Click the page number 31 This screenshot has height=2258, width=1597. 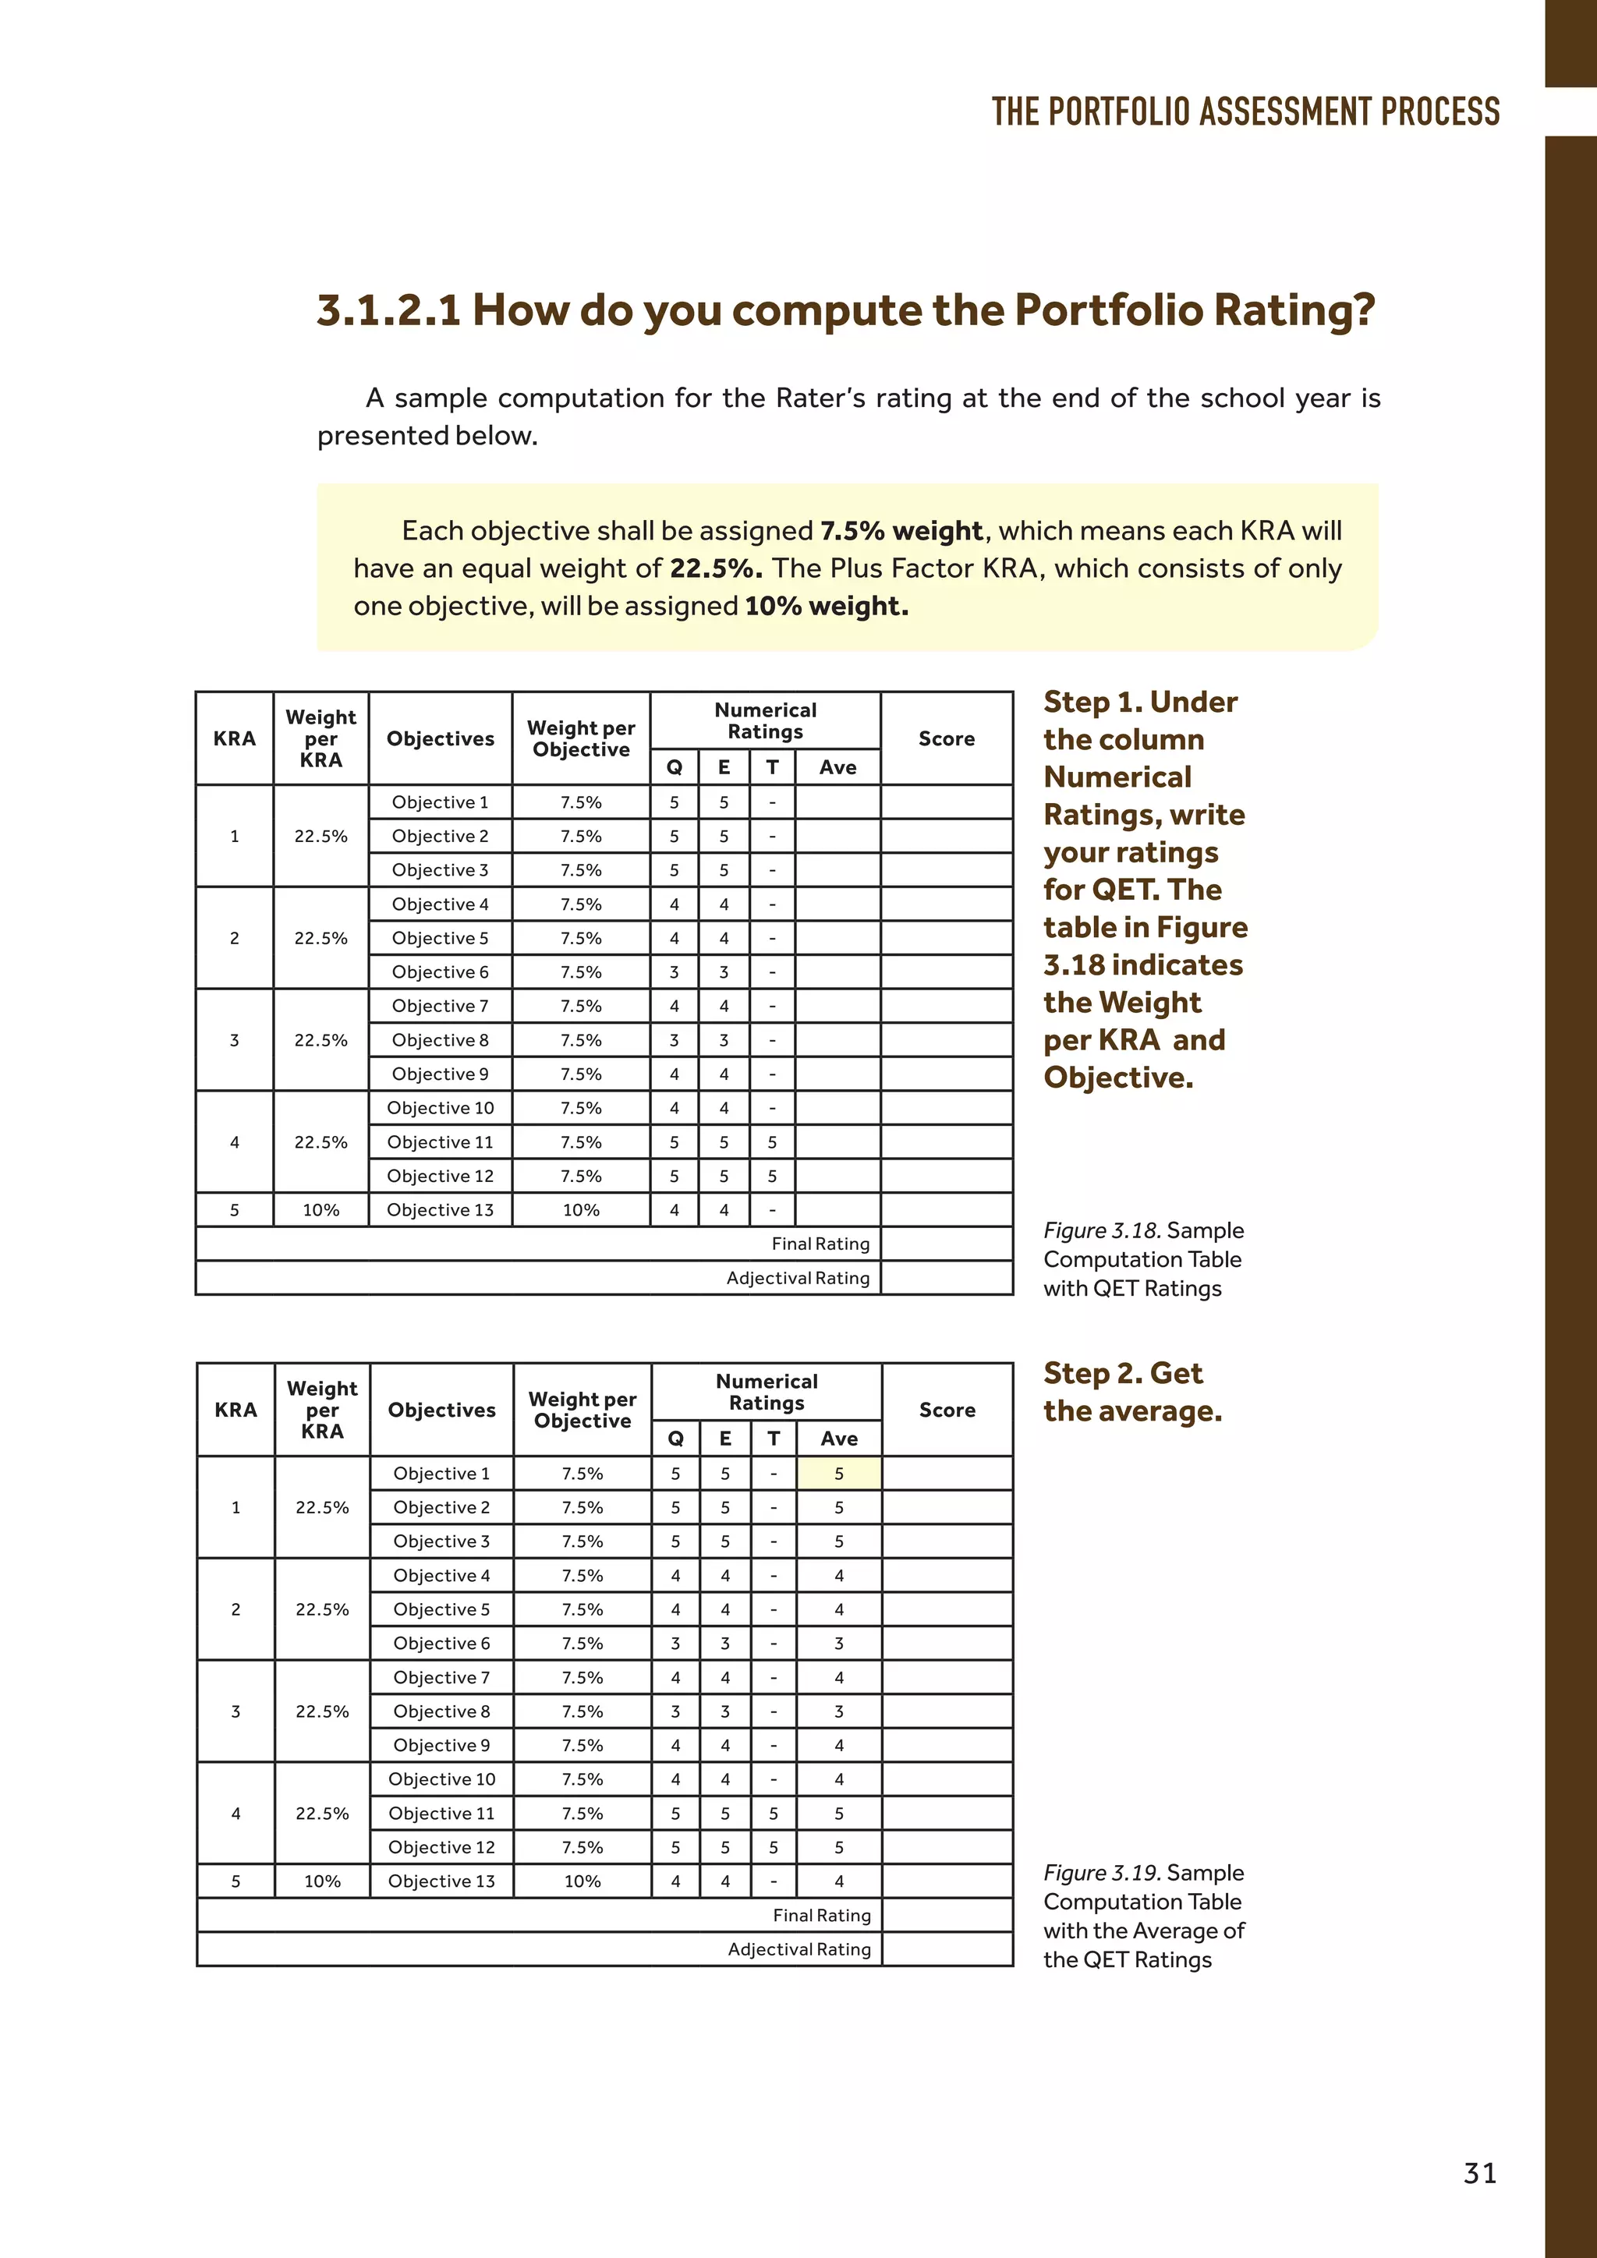1479,2172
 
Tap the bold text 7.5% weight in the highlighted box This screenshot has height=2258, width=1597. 901,531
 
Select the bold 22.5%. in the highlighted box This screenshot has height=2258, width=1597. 716,568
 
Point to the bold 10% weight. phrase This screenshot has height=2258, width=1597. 826,606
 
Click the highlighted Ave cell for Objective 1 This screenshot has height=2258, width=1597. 837,1473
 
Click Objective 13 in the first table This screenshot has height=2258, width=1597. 440,1209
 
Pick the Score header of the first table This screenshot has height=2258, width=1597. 946,738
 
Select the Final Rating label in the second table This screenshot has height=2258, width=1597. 821,1915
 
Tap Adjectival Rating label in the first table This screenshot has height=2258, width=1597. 798,1277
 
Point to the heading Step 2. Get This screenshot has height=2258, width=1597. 1122,1373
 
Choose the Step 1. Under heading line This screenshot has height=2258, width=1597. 1140,703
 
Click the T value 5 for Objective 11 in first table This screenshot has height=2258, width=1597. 772,1141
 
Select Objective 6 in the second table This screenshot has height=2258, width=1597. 441,1644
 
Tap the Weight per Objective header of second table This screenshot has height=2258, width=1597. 582,1409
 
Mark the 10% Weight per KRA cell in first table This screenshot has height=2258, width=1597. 320,1209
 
